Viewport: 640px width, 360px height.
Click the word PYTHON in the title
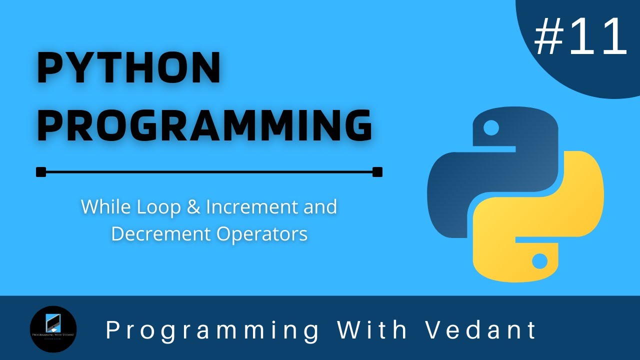[x=129, y=68]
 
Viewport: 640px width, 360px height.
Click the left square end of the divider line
[x=41, y=172]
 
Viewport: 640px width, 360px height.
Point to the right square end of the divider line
[x=377, y=172]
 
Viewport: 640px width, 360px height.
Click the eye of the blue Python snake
[x=491, y=128]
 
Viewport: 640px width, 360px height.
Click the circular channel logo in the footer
[x=53, y=329]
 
